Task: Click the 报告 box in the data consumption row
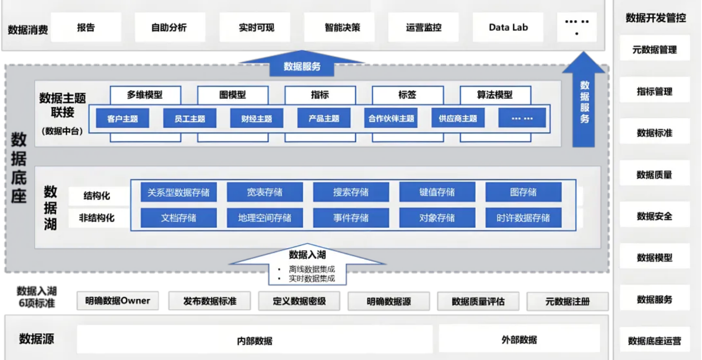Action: coord(86,27)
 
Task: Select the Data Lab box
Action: coord(508,27)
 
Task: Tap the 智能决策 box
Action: coord(342,27)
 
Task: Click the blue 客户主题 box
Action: coord(122,118)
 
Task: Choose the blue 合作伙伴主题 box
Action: coord(391,118)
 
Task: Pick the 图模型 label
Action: coord(233,95)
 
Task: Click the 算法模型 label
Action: coord(494,95)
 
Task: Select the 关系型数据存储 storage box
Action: coord(178,192)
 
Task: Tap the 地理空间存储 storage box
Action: coord(265,218)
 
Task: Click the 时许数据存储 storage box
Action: coord(523,218)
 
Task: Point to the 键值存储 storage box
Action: coord(437,192)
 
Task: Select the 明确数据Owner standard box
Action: coord(118,301)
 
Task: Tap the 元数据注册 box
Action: coord(567,301)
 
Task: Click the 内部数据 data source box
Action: coord(255,340)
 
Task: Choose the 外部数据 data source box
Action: coord(519,339)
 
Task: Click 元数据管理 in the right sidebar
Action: coord(654,49)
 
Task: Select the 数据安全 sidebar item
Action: coord(654,216)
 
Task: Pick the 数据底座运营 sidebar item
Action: coord(654,341)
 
